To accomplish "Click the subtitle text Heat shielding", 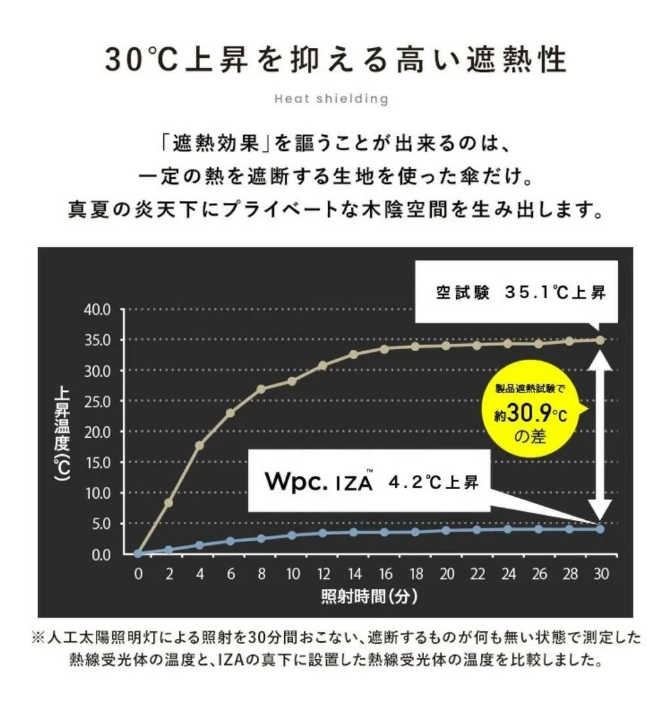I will [x=331, y=99].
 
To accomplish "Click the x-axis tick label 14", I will [x=354, y=574].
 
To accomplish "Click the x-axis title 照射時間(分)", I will [x=369, y=597].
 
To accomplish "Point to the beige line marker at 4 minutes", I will [x=199, y=445].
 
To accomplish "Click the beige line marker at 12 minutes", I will [x=323, y=365].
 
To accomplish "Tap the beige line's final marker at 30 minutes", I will [x=600, y=340].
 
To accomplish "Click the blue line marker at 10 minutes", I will [x=292, y=535].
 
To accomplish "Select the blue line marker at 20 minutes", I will [x=446, y=530].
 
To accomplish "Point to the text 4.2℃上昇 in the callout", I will [x=434, y=484].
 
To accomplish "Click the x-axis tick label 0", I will [x=138, y=574].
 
